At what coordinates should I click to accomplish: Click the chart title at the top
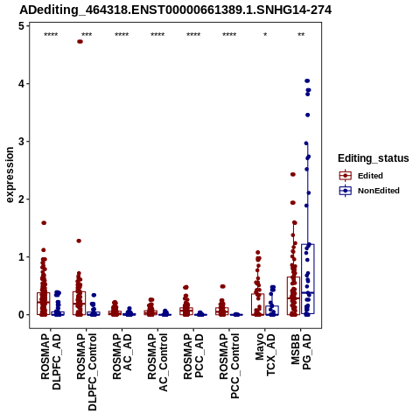(x=176, y=10)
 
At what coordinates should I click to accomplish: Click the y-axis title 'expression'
(x=10, y=175)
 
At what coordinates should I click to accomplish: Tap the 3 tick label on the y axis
(x=21, y=142)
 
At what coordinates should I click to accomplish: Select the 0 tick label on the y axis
(x=21, y=315)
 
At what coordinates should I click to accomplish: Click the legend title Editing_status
(x=374, y=158)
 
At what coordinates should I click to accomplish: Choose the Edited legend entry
(x=361, y=176)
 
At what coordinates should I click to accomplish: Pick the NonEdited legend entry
(x=369, y=191)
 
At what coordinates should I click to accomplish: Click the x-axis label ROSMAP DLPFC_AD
(x=51, y=361)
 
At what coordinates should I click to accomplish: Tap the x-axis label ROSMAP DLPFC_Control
(x=87, y=372)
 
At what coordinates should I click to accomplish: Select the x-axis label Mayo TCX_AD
(x=265, y=354)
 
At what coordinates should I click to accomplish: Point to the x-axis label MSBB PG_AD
(x=301, y=352)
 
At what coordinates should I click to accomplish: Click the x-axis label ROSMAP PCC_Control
(x=229, y=366)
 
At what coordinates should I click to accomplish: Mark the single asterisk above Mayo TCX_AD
(x=265, y=35)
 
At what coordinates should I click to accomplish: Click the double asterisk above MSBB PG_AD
(x=301, y=35)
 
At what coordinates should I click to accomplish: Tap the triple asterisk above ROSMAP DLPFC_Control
(x=87, y=35)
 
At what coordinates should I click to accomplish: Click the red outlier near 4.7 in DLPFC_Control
(x=80, y=42)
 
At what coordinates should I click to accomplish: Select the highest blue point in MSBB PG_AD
(x=307, y=80)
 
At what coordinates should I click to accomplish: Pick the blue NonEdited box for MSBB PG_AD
(x=308, y=279)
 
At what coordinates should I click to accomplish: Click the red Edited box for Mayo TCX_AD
(x=258, y=304)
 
